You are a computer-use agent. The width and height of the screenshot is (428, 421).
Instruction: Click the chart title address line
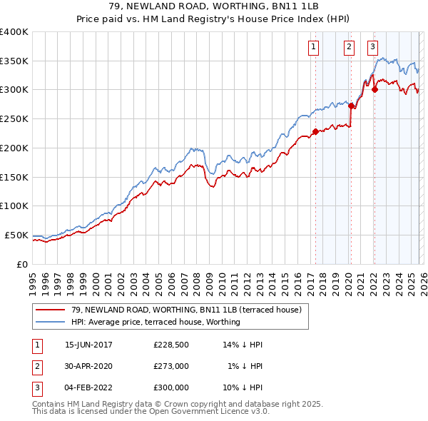tap(214, 7)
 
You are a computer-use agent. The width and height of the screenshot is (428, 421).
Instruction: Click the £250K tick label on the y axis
tap(14, 118)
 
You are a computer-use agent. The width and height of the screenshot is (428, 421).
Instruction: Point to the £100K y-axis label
tap(14, 206)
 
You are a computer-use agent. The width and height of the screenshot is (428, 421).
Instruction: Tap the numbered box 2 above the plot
tap(349, 48)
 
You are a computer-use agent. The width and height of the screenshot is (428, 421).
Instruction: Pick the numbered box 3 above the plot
tap(373, 48)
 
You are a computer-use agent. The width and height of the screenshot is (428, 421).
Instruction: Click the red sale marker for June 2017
tap(315, 131)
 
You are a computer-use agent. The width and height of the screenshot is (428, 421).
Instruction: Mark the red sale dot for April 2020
tap(351, 106)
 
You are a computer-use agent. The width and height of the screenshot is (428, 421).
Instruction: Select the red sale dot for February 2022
tap(374, 90)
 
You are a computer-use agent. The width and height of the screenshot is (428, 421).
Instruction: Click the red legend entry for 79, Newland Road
tap(185, 310)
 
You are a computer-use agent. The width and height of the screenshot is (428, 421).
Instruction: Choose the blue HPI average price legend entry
tap(156, 322)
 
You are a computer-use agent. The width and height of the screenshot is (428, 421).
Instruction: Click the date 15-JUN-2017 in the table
tap(88, 345)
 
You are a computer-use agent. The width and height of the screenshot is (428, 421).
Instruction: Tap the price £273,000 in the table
tap(171, 366)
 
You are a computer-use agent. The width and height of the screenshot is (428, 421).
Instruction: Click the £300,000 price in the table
tap(171, 387)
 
